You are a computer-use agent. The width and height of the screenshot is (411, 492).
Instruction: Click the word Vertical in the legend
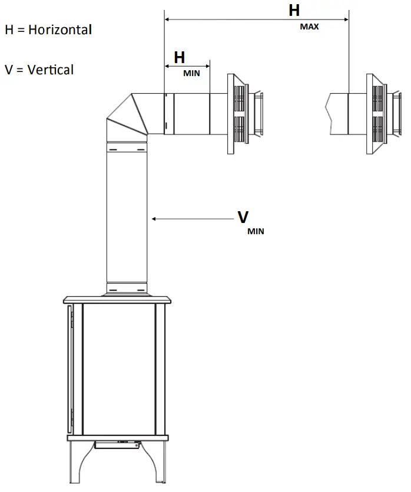[x=51, y=70]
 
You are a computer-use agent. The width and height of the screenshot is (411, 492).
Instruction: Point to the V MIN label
[x=247, y=221]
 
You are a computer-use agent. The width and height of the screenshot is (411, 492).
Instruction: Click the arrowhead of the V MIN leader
[x=154, y=219]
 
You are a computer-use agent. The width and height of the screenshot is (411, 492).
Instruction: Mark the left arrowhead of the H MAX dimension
[x=167, y=20]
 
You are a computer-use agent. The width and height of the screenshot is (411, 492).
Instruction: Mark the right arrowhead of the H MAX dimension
[x=346, y=20]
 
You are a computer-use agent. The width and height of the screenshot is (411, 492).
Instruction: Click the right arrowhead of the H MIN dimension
[x=207, y=66]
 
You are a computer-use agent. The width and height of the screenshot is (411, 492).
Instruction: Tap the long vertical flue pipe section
[x=126, y=218]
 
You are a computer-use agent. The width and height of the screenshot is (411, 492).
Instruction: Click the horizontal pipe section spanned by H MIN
[x=187, y=113]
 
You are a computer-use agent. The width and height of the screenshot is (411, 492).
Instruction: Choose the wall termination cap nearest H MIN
[x=241, y=114]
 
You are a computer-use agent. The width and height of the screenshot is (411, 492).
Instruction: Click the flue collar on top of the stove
[x=126, y=289]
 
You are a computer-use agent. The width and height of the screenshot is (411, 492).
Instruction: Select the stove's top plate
[x=118, y=299]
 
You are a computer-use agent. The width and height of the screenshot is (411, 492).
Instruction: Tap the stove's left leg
[x=76, y=463]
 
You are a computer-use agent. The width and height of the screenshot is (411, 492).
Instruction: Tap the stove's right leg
[x=160, y=463]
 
